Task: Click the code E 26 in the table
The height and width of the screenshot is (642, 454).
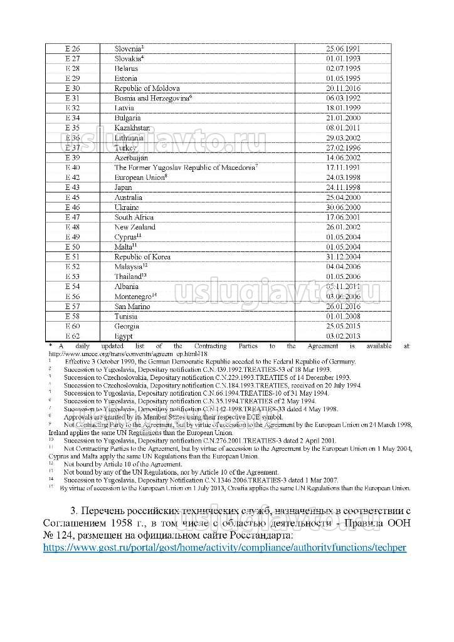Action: click(73, 48)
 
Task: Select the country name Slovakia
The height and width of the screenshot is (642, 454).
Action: click(129, 58)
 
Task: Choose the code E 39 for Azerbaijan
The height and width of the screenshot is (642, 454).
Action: click(73, 158)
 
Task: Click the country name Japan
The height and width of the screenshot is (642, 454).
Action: click(123, 187)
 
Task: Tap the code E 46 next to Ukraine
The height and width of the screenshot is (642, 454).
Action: click(73, 208)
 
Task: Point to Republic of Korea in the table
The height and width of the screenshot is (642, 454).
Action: click(142, 257)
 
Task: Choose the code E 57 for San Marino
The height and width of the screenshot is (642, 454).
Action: click(73, 307)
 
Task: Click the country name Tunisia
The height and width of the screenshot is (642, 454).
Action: click(126, 317)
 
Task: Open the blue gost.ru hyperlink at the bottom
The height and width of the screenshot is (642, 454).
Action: click(224, 547)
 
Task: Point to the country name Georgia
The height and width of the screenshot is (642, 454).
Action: click(127, 327)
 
